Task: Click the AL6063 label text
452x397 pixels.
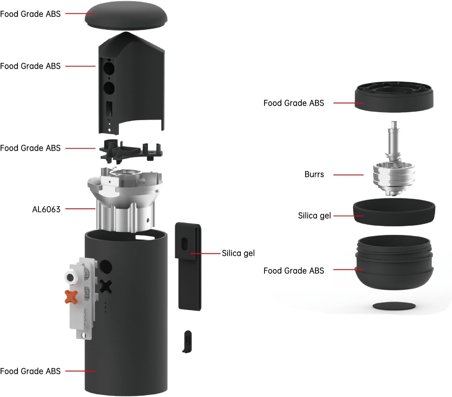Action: coord(46,209)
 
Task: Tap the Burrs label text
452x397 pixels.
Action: coord(314,174)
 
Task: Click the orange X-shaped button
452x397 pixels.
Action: coord(71,297)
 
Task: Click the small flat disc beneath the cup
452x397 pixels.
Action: coord(394,306)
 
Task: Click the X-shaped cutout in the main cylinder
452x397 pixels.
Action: coord(106,287)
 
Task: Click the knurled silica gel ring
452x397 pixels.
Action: coord(394,213)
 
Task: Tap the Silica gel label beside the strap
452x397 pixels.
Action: coord(238,253)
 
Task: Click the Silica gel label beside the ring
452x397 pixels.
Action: coord(314,216)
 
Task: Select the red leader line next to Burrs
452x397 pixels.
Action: coord(348,175)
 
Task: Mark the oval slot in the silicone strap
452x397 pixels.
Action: coord(184,244)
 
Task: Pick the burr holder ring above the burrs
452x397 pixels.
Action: coord(394,96)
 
